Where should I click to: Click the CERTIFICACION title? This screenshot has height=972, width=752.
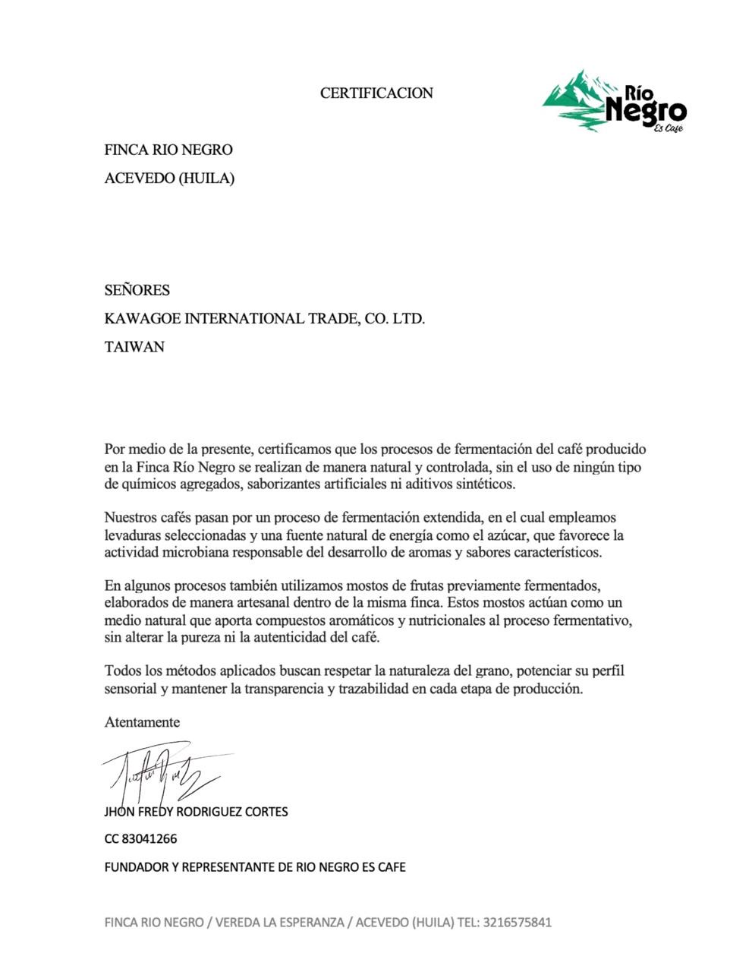[x=376, y=93]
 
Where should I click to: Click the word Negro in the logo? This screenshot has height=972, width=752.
[x=646, y=111]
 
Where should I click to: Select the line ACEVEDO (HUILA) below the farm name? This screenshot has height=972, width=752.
[x=169, y=178]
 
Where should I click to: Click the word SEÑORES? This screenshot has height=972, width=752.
[x=137, y=290]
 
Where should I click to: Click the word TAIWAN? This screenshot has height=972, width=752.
[x=134, y=347]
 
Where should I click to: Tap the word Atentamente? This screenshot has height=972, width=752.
[x=142, y=722]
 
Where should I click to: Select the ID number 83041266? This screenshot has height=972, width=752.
[x=149, y=839]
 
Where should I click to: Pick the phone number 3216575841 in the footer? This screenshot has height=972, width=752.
[x=517, y=923]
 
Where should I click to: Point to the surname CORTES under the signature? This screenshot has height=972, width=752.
[x=266, y=811]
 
